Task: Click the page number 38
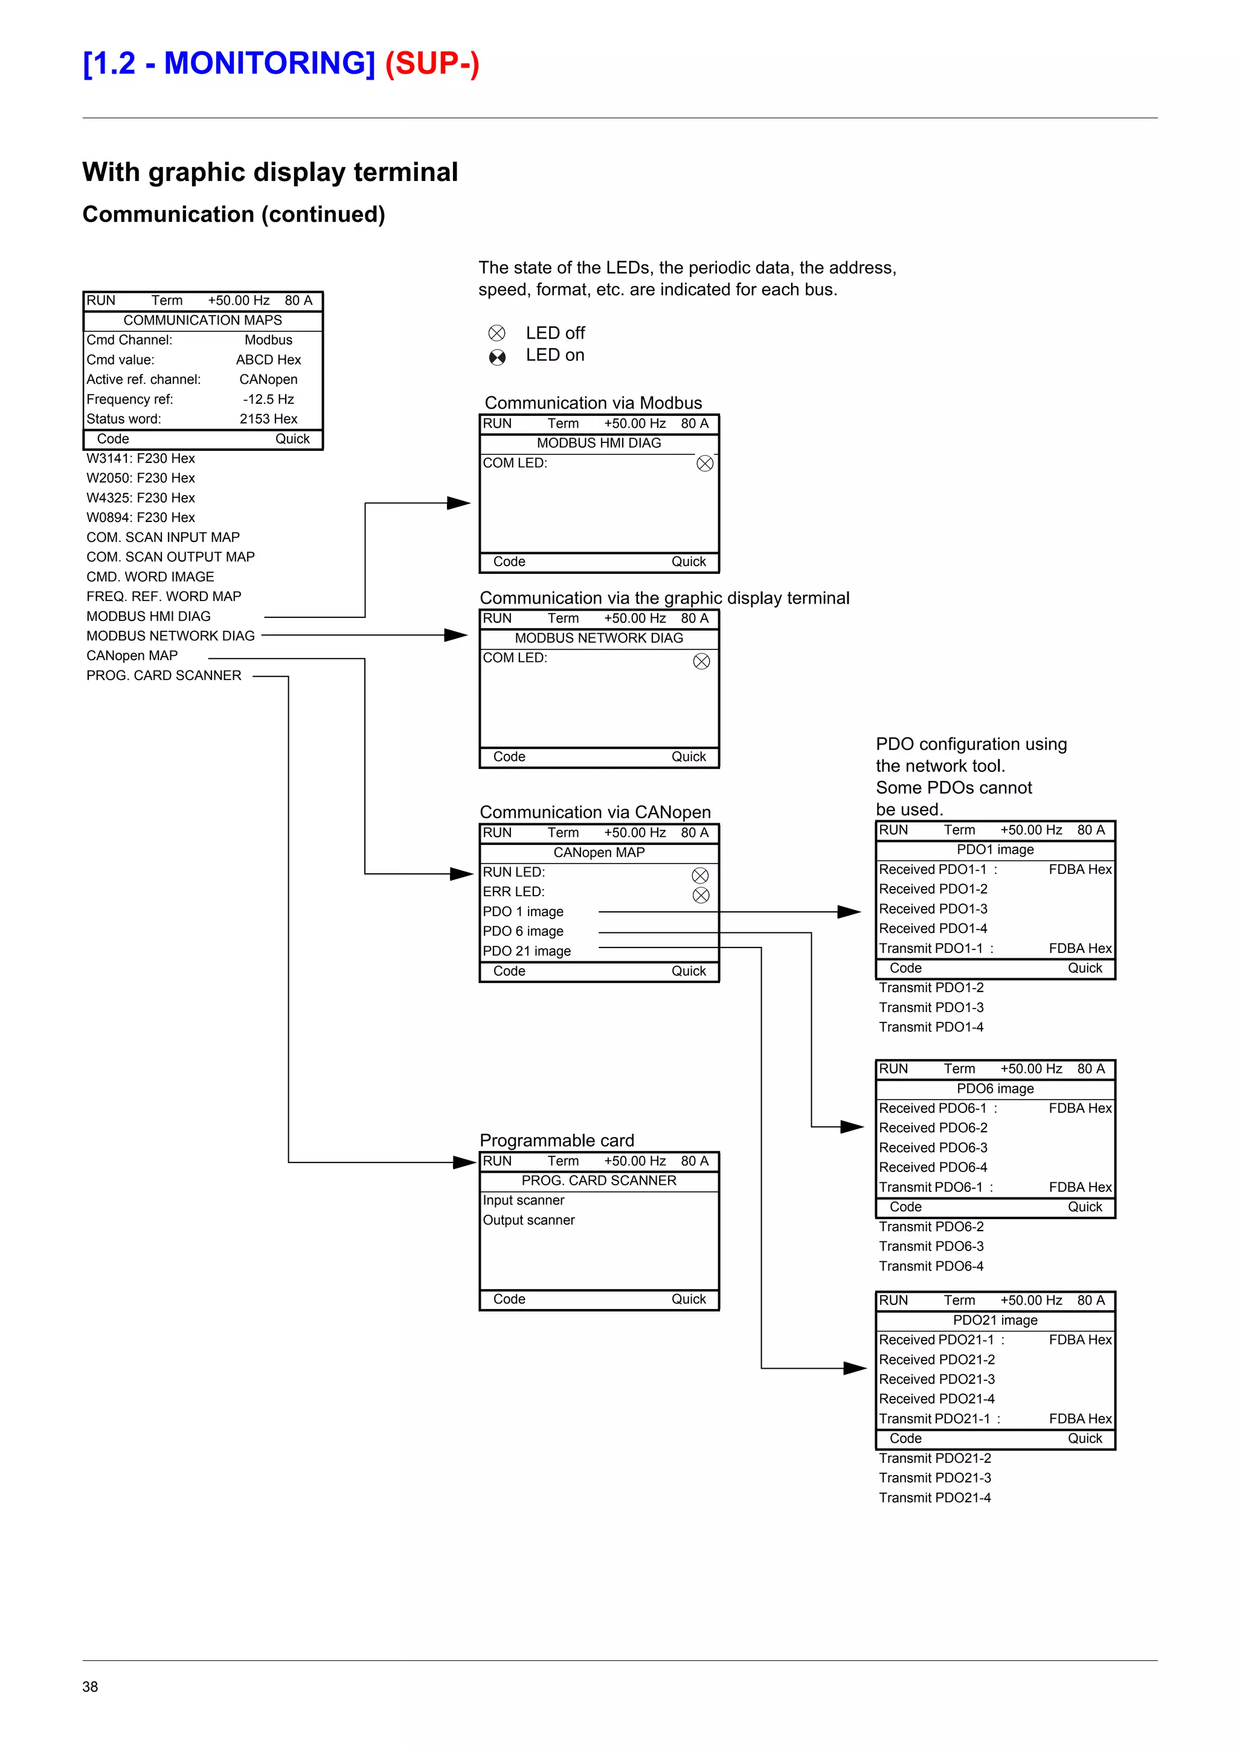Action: [x=90, y=1686]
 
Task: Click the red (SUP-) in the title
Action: [x=431, y=63]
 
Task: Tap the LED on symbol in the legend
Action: [x=497, y=357]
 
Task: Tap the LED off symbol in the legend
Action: [x=497, y=333]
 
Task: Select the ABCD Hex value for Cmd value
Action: [x=268, y=360]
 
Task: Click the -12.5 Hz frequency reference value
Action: [x=268, y=399]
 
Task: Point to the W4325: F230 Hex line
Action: [x=140, y=497]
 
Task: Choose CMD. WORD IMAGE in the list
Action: [x=150, y=576]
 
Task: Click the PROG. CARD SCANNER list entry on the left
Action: [x=164, y=676]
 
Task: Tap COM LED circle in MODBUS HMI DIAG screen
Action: [x=705, y=463]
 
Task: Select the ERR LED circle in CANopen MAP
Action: [x=701, y=895]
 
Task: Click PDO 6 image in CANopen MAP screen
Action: [x=523, y=931]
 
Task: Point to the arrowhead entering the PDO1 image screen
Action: [x=849, y=912]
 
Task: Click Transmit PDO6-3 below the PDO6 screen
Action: [x=931, y=1246]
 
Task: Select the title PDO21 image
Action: [x=995, y=1320]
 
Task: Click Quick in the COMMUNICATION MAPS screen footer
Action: [x=293, y=439]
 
